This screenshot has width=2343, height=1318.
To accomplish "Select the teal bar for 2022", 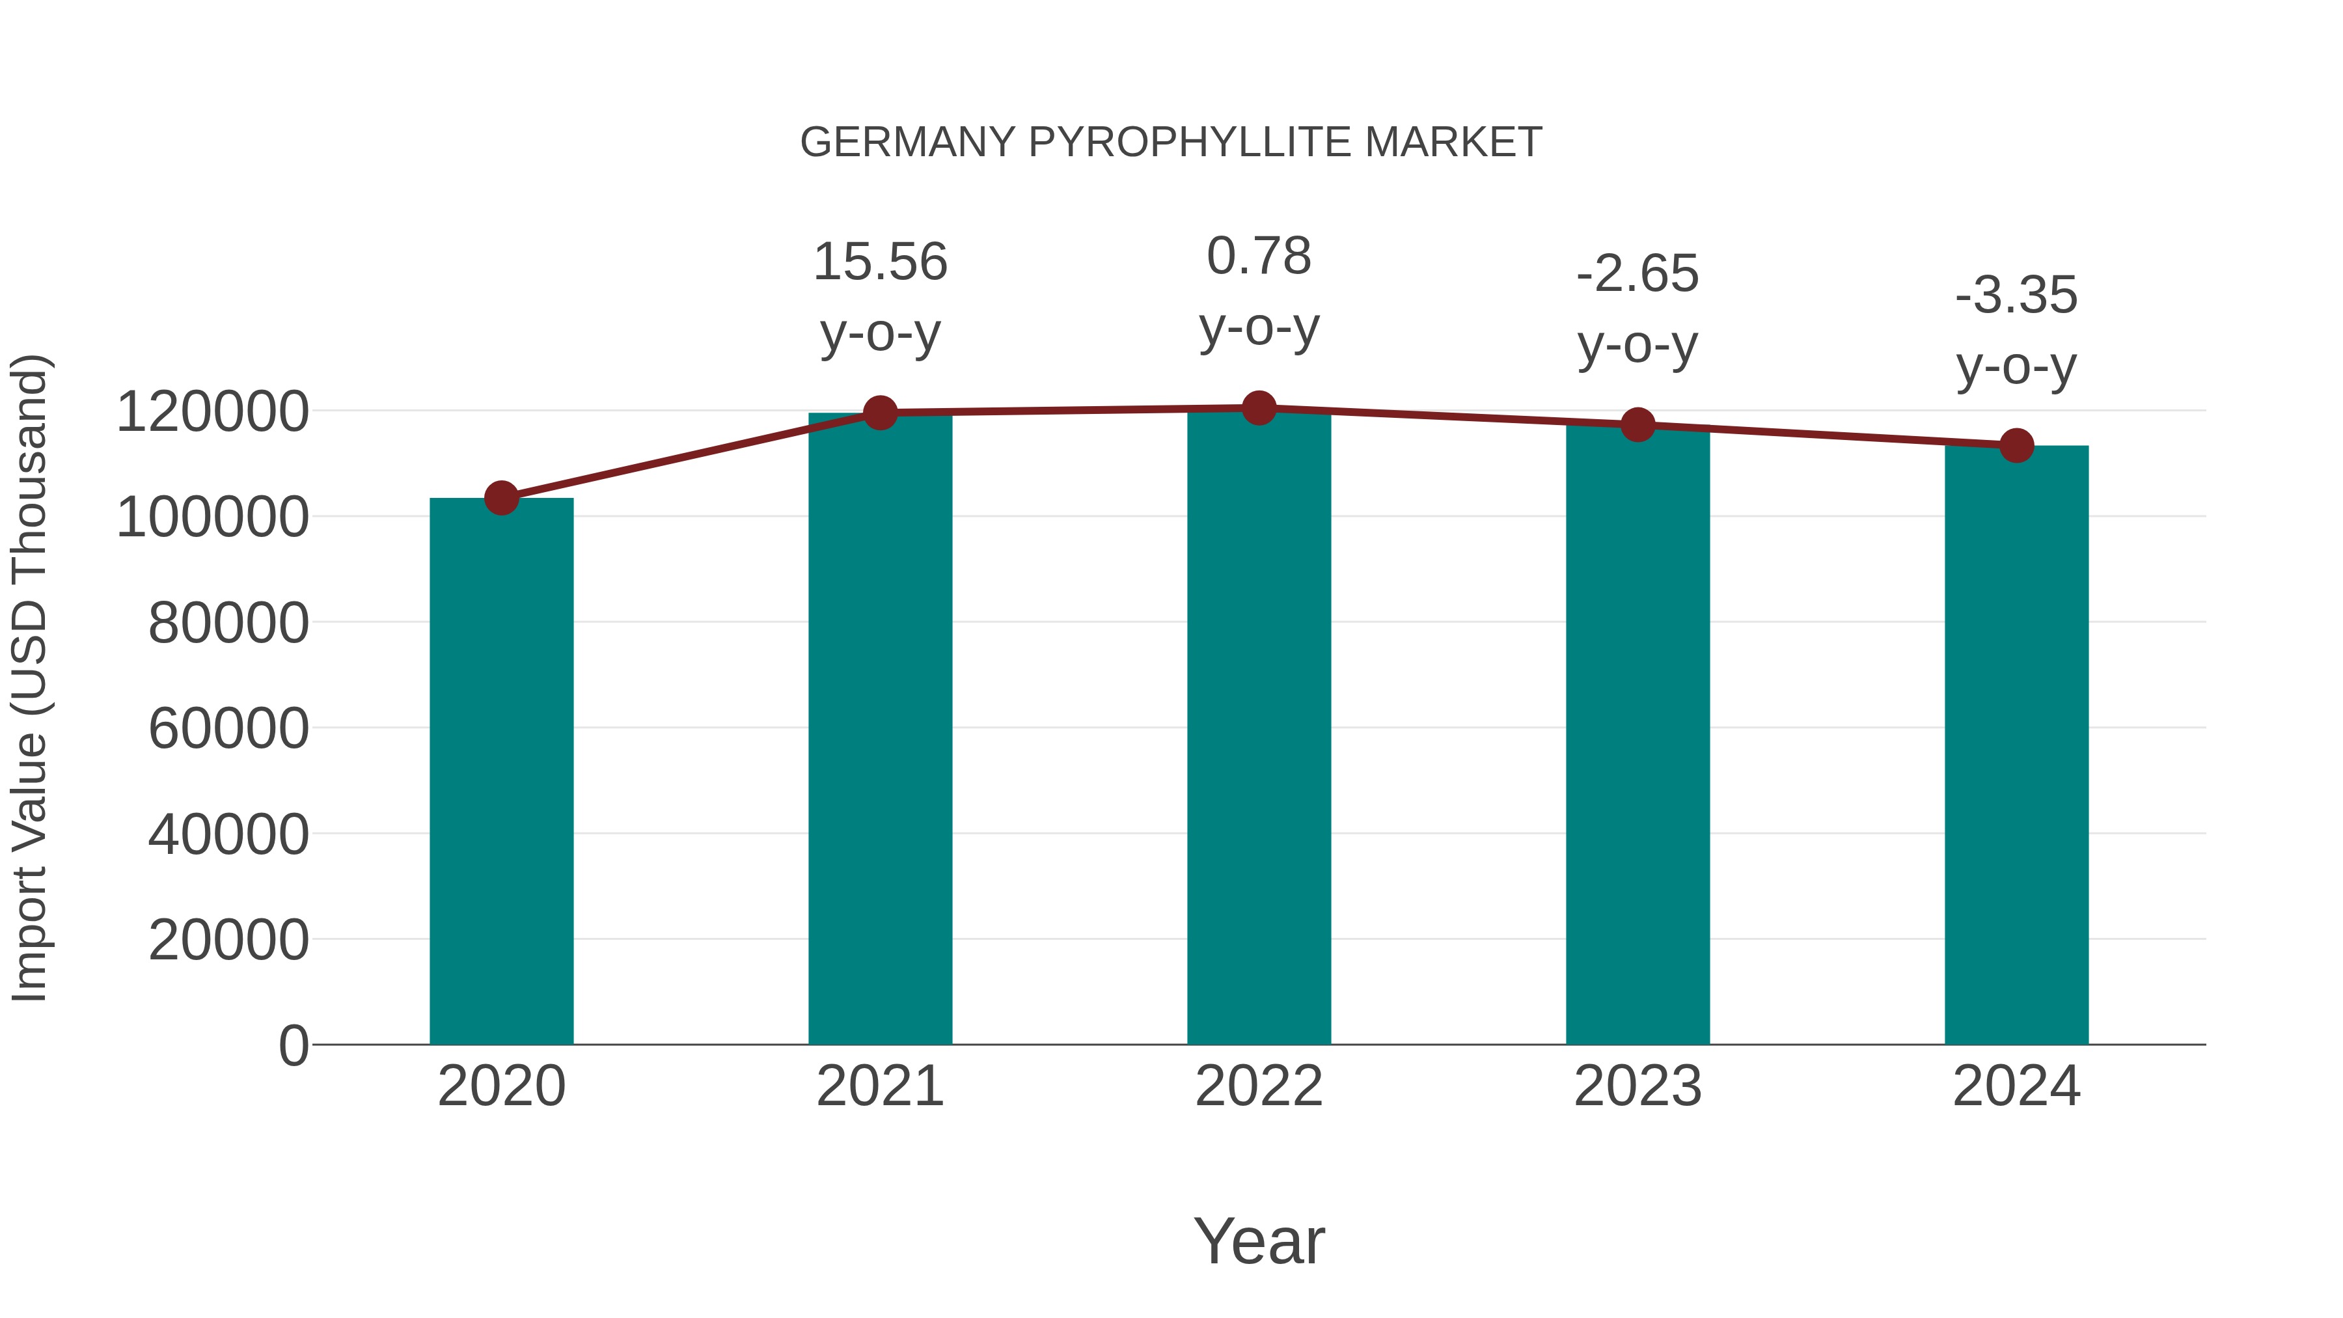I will click(x=1259, y=728).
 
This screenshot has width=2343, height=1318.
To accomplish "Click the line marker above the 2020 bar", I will click(x=501, y=497).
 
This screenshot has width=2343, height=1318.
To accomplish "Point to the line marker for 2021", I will click(x=879, y=413).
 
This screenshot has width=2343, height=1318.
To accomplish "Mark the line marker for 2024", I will click(x=2016, y=446).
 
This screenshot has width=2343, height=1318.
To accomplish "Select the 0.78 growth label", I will click(x=1259, y=256).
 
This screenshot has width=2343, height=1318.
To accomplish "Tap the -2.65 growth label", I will click(x=1637, y=274).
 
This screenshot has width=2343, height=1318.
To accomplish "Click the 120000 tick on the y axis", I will click(x=212, y=411).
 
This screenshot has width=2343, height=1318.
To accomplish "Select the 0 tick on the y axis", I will click(x=294, y=1045).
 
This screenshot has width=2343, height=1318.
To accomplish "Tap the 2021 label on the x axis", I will click(x=879, y=1086).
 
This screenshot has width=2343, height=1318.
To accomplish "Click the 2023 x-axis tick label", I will click(x=1637, y=1086).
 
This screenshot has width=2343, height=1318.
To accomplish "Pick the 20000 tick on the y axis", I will click(x=228, y=940).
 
